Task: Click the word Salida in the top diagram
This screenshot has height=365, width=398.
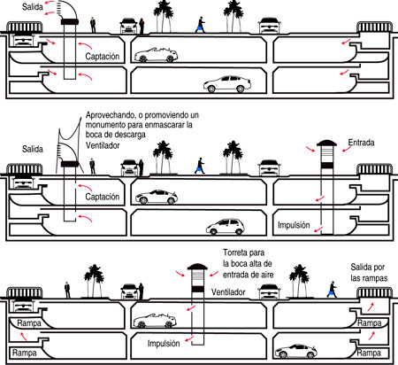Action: pyautogui.click(x=33, y=7)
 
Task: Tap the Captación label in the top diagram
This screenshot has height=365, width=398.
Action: pyautogui.click(x=103, y=56)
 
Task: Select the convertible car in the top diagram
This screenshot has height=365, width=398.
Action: pyautogui.click(x=156, y=55)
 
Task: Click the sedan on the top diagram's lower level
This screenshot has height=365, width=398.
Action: pyautogui.click(x=227, y=84)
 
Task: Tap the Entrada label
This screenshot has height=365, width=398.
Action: pyautogui.click(x=361, y=143)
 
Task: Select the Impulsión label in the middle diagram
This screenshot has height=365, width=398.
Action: pyautogui.click(x=294, y=225)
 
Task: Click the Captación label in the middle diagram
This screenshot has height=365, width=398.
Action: pyautogui.click(x=103, y=197)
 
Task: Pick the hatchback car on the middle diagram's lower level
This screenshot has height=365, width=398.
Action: pyautogui.click(x=226, y=227)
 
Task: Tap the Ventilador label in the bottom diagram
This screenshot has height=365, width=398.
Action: pyautogui.click(x=228, y=292)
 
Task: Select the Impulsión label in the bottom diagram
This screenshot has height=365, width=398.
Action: pyautogui.click(x=164, y=344)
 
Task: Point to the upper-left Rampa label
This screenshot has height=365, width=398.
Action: pyautogui.click(x=29, y=323)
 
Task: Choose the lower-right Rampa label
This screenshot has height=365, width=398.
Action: pyautogui.click(x=369, y=353)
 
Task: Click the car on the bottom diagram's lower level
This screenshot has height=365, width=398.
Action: pyautogui.click(x=296, y=351)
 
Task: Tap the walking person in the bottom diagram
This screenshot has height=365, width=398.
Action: pyautogui.click(x=332, y=290)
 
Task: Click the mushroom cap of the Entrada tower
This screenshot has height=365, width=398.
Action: pyautogui.click(x=326, y=144)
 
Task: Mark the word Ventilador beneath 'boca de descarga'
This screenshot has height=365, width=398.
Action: pyautogui.click(x=103, y=145)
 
